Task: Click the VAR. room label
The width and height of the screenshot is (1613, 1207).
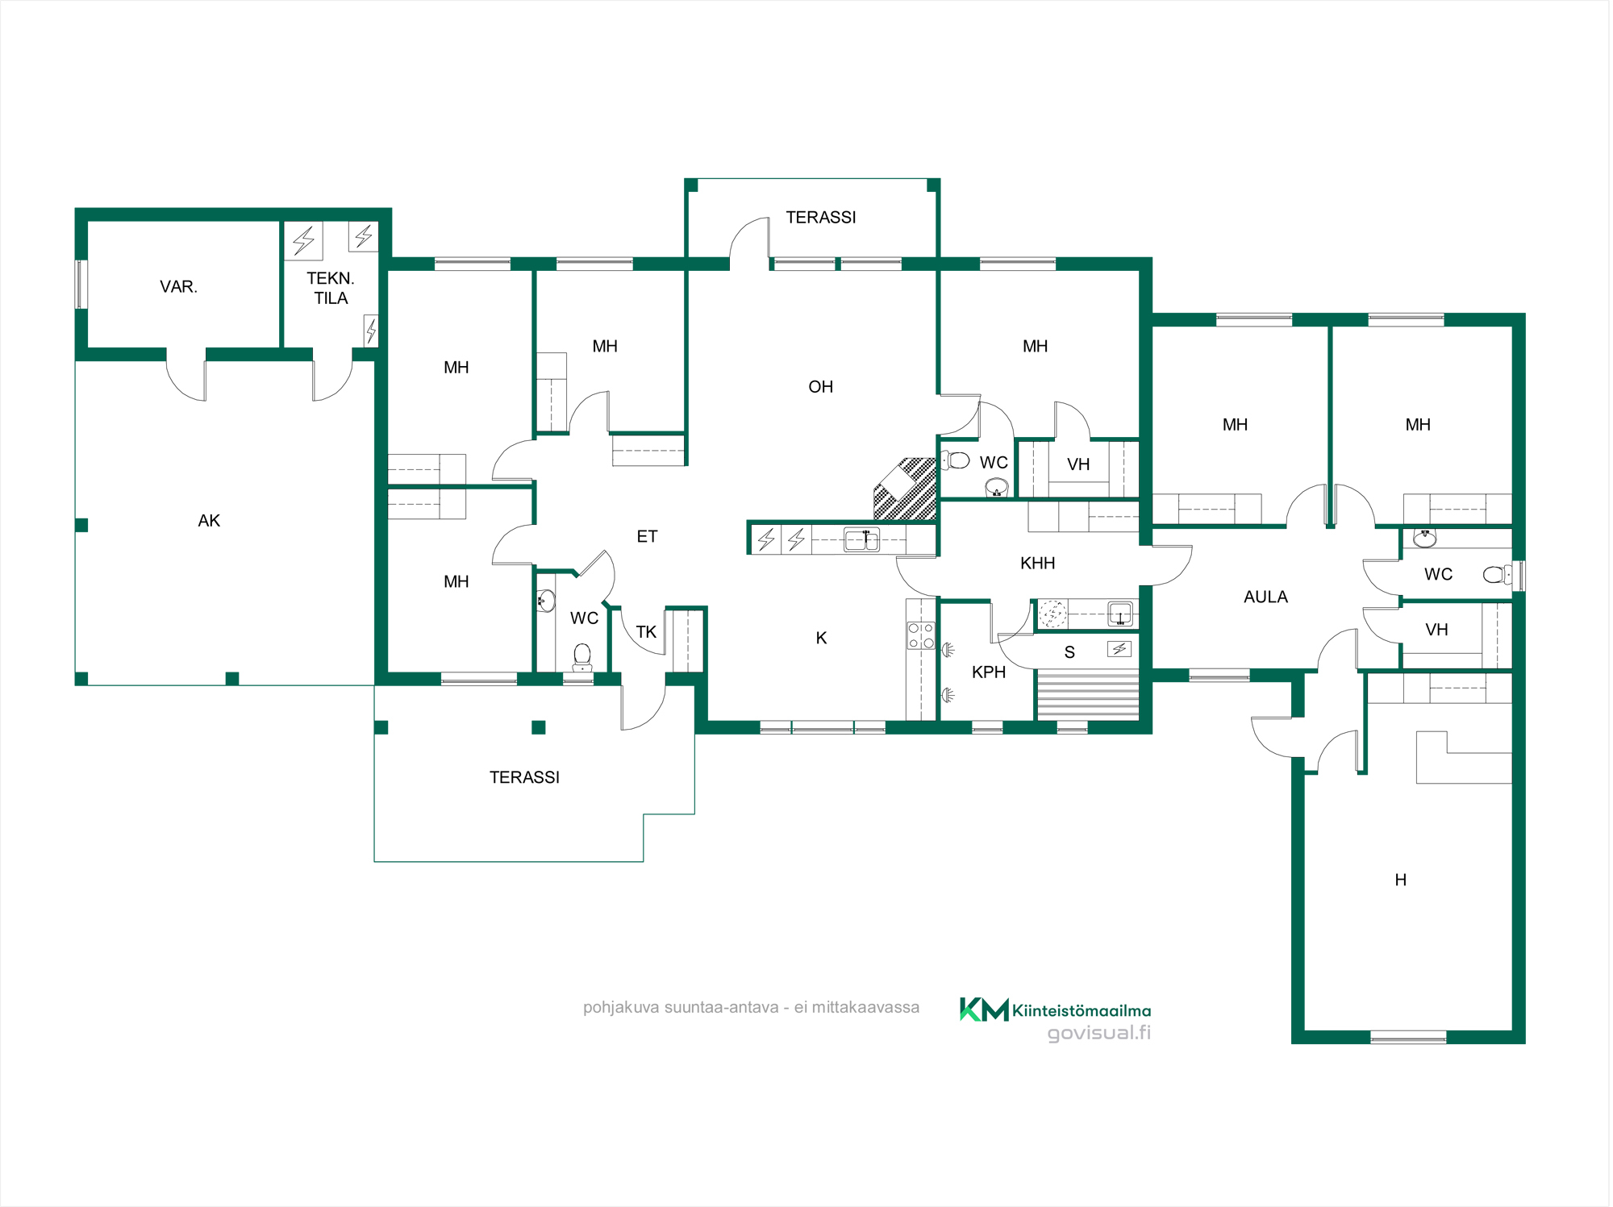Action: point(178,287)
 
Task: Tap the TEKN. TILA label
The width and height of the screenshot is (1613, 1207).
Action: point(331,288)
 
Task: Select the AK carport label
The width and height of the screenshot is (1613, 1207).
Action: point(209,521)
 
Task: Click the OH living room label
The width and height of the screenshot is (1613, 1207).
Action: point(820,387)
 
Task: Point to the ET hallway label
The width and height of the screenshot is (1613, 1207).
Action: point(647,537)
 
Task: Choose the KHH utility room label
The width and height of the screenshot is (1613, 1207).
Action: point(1037,564)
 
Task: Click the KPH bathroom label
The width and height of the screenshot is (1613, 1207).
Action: point(989,672)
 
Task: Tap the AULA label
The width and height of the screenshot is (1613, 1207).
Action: point(1265,597)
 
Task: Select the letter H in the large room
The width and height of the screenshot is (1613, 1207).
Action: point(1401,880)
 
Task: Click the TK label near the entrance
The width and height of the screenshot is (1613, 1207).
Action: point(646,632)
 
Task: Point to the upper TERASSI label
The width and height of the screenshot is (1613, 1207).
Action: point(821,218)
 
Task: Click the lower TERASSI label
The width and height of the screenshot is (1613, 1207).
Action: point(524,777)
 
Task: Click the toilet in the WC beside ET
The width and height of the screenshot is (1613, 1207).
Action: point(581,657)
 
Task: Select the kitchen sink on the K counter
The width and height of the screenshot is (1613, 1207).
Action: point(861,539)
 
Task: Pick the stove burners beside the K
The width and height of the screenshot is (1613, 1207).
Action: point(920,635)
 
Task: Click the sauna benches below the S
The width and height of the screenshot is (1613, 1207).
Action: point(1087,693)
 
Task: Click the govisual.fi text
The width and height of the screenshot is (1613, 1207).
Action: point(1098,1033)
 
